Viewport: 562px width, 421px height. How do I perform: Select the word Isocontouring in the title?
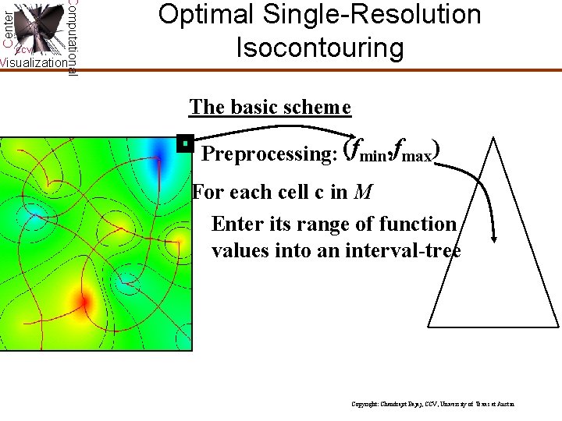pyautogui.click(x=320, y=48)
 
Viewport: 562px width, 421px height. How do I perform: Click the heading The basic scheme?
pyautogui.click(x=270, y=107)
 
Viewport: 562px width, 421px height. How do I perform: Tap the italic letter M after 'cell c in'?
pyautogui.click(x=361, y=192)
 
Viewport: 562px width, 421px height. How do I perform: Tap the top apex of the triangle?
pyautogui.click(x=492, y=140)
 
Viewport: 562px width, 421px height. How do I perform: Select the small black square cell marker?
pyautogui.click(x=184, y=143)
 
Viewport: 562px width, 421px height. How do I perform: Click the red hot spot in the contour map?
pyautogui.click(x=82, y=301)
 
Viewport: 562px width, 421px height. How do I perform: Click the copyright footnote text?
pyautogui.click(x=432, y=405)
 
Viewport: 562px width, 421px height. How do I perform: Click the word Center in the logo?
pyautogui.click(x=7, y=23)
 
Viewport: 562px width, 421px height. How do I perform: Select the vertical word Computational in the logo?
pyautogui.click(x=72, y=37)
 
